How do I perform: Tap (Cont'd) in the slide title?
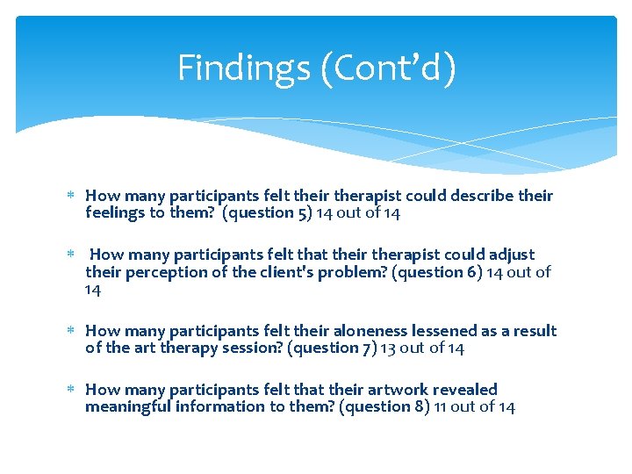coord(387,68)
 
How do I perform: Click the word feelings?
coord(114,212)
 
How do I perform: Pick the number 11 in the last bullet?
coord(442,406)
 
